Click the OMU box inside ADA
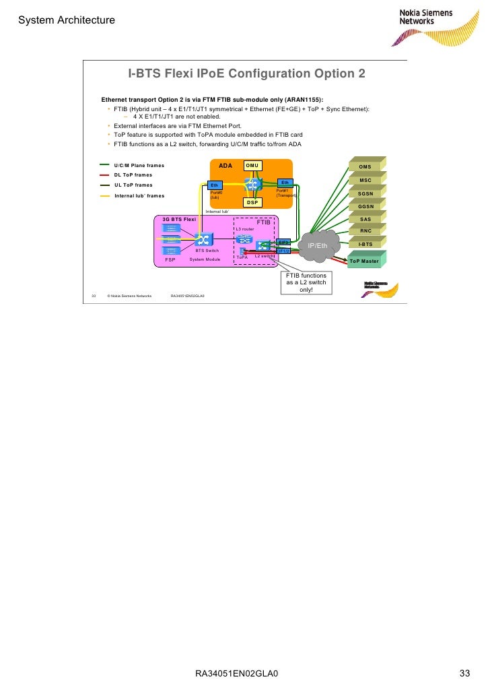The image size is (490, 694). click(x=252, y=166)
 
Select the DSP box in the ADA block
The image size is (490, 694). click(x=252, y=202)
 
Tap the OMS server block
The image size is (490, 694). click(x=365, y=166)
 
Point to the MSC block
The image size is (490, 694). click(x=365, y=180)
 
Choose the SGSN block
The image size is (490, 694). click(x=365, y=193)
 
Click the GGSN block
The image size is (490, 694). click(x=365, y=206)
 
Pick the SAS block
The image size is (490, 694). click(x=365, y=219)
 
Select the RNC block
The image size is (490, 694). click(x=365, y=232)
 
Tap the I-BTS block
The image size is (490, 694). click(x=365, y=245)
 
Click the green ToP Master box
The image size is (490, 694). click(x=364, y=261)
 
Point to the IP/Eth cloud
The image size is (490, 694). click(x=318, y=246)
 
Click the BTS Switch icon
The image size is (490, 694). click(x=203, y=239)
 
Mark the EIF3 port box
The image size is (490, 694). click(x=283, y=242)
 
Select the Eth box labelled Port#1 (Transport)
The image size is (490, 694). click(x=285, y=183)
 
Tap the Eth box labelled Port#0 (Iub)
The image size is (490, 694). click(x=215, y=185)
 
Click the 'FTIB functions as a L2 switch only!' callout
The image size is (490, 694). click(x=306, y=283)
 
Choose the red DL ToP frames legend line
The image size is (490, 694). click(x=104, y=175)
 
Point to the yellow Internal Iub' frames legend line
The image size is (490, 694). click(x=104, y=195)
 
